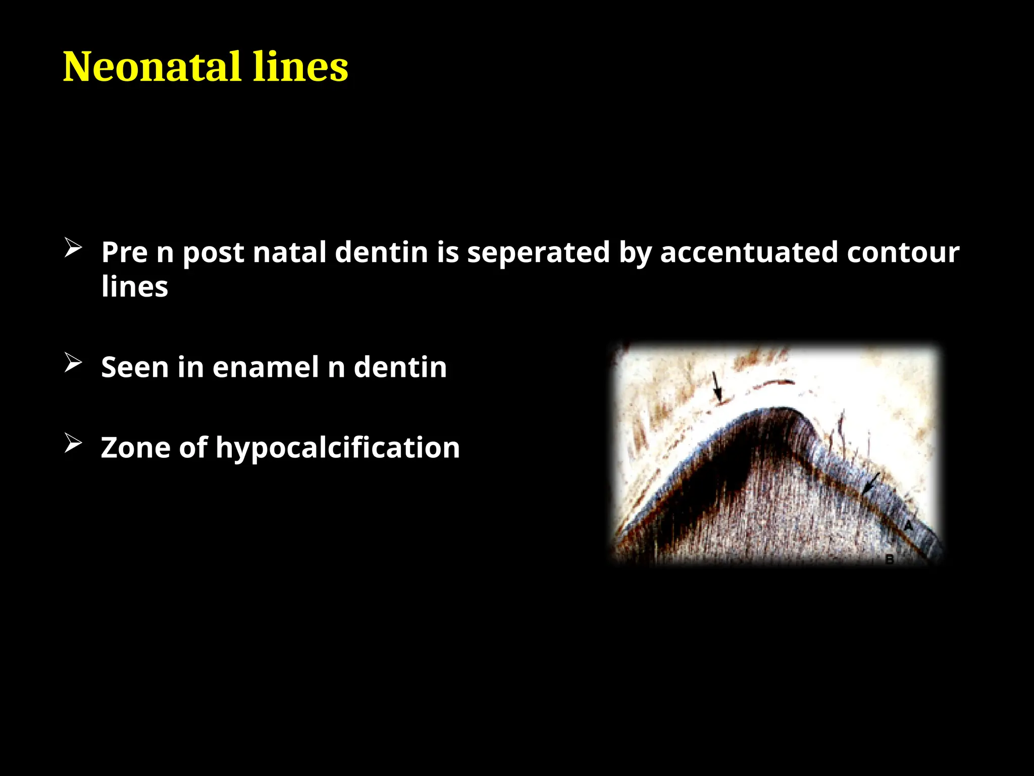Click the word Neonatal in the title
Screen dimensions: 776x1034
[151, 67]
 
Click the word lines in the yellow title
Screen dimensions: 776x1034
[300, 67]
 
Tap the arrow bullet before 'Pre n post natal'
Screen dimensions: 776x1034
[73, 249]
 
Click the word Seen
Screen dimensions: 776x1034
[135, 367]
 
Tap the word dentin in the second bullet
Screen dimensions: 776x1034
[400, 367]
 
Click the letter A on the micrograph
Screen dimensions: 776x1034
[908, 526]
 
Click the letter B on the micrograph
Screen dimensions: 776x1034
[890, 559]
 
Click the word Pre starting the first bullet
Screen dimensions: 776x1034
[124, 252]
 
